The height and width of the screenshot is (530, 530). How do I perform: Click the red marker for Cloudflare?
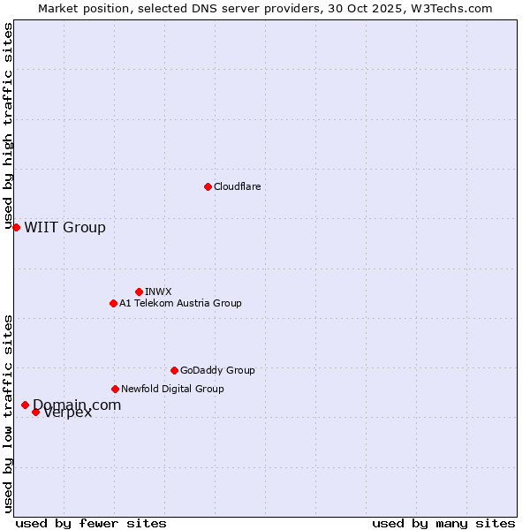[x=208, y=186]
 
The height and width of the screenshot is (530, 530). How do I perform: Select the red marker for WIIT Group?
[x=16, y=227]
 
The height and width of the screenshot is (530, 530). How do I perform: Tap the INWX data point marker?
[x=139, y=291]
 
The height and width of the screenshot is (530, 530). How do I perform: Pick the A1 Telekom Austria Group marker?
[x=113, y=303]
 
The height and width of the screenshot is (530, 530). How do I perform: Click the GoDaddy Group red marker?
[x=174, y=370]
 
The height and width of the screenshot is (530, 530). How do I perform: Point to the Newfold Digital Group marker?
[x=115, y=389]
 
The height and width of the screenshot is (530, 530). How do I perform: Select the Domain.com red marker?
[x=25, y=405]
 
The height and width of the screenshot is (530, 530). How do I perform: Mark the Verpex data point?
[x=35, y=412]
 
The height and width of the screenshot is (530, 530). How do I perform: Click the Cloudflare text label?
[x=238, y=186]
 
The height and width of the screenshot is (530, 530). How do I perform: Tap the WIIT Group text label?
[x=64, y=227]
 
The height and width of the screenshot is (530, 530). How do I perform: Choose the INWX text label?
[x=158, y=291]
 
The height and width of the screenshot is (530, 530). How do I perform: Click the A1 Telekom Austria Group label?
[x=180, y=303]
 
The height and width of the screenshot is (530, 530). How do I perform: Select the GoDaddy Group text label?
[x=217, y=370]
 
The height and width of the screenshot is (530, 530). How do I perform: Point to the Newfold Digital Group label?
[x=172, y=389]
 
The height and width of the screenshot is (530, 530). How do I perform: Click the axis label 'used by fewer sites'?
[x=91, y=523]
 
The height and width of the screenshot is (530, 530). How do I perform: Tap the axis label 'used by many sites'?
[x=443, y=523]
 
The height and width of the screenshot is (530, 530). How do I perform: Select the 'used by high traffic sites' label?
[x=9, y=125]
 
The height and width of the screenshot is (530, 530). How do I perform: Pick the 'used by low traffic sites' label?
[x=9, y=413]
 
